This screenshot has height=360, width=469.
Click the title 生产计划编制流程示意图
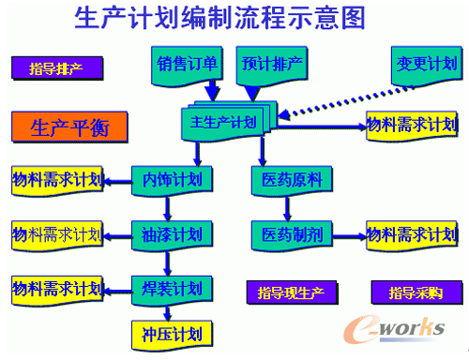[x=219, y=18]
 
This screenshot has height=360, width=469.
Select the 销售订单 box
[x=187, y=66]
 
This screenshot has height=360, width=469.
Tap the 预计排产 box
[x=272, y=66]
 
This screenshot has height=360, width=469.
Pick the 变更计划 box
[x=427, y=66]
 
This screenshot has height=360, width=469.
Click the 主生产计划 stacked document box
[x=228, y=121]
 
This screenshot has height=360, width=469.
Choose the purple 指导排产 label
[x=57, y=68]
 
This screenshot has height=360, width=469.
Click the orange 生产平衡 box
[x=69, y=127]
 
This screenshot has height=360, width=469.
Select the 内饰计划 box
[x=172, y=181]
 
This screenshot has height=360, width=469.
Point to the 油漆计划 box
[x=172, y=235]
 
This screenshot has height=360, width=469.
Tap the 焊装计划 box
[x=172, y=290]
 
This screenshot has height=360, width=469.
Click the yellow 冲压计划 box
[x=172, y=335]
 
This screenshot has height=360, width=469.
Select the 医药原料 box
[x=292, y=181]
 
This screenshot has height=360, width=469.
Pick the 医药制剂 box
[x=292, y=235]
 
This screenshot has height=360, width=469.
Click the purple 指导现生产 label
[x=292, y=292]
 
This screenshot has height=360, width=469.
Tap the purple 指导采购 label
[x=416, y=292]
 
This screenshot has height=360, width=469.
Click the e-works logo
[x=394, y=329]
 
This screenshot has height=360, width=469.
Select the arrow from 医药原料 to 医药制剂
[x=287, y=209]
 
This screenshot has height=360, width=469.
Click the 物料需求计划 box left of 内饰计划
[x=57, y=181]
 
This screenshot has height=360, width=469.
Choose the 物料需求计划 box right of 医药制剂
[x=412, y=235]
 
